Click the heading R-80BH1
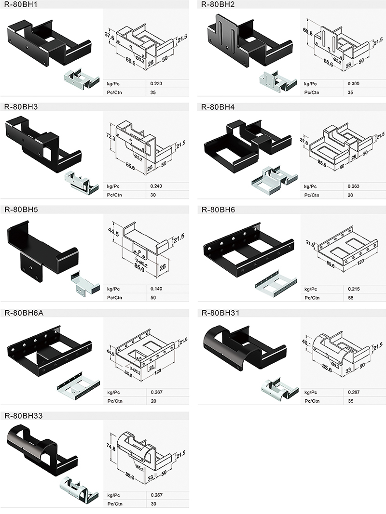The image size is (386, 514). coord(21,4)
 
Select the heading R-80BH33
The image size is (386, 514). coord(23,416)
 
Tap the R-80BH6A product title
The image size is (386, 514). coord(24,313)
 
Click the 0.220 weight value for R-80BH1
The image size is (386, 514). coord(156,84)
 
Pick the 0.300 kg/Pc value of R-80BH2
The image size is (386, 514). coord(354,84)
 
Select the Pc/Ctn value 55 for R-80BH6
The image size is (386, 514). coord(351,298)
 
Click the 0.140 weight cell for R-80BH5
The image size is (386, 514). coord(156,289)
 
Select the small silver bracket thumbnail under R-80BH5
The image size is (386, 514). coord(85,282)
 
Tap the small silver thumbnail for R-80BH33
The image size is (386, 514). coord(79,489)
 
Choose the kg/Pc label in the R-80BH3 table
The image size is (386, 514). coord(113,186)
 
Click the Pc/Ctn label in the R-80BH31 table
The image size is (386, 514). coord(312,401)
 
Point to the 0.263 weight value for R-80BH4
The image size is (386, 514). coord(354,186)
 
